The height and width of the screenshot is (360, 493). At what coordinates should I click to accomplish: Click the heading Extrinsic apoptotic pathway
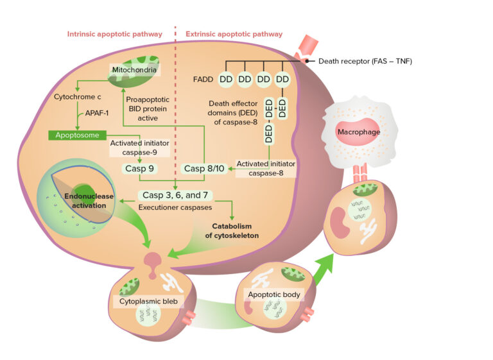coord(234,34)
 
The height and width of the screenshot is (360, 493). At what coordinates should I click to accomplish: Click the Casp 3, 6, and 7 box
coord(175,195)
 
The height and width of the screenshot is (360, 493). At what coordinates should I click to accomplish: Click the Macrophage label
coord(361,132)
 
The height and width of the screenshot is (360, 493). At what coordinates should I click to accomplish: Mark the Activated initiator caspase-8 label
coord(266,169)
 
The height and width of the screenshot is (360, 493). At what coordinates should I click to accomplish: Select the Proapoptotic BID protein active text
coord(150,109)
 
